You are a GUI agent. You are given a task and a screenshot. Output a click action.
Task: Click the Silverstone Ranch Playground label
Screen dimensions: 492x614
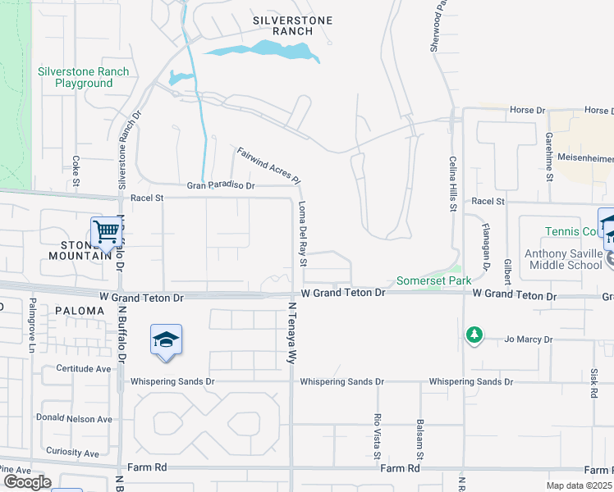point(84,77)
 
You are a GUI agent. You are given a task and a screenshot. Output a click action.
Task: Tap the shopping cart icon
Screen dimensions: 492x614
point(107,232)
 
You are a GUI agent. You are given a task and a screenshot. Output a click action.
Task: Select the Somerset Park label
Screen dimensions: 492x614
point(434,280)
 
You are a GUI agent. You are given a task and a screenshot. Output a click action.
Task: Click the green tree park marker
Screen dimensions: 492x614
point(474,335)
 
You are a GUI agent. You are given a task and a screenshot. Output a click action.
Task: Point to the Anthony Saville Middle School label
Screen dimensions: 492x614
point(568,259)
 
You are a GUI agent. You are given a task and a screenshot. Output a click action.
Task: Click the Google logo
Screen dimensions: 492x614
point(27,482)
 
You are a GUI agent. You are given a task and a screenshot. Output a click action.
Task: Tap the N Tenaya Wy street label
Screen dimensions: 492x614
point(291,333)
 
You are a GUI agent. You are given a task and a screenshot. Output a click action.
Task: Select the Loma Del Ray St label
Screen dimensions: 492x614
point(302,235)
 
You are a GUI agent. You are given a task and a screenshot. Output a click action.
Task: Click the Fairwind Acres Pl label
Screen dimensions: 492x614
point(269,165)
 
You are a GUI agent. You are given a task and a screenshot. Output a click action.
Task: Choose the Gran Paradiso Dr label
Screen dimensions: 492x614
point(221,186)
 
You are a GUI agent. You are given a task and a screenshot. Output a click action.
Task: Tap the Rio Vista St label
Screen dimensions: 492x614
point(378,436)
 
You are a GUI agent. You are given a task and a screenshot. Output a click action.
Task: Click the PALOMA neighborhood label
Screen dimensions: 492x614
point(80,311)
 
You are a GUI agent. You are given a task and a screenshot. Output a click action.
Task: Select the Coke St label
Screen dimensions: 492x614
point(76,170)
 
